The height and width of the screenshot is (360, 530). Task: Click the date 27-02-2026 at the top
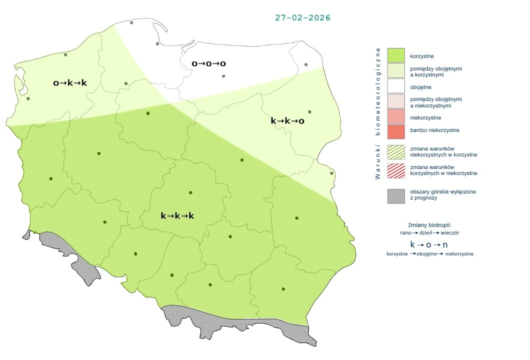click(302, 17)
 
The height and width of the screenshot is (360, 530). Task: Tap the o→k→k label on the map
click(70, 82)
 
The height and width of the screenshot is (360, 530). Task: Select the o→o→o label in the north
click(209, 63)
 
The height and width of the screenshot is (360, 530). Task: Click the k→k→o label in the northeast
click(287, 120)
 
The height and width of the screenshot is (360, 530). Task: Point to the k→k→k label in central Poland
click(177, 215)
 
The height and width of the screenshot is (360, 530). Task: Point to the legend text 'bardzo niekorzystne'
click(434, 130)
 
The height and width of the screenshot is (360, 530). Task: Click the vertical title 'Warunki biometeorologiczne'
click(378, 113)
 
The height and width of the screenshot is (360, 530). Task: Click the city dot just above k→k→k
click(190, 192)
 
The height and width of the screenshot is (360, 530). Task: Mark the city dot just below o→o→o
click(223, 76)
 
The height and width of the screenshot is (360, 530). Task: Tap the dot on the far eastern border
click(331, 173)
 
